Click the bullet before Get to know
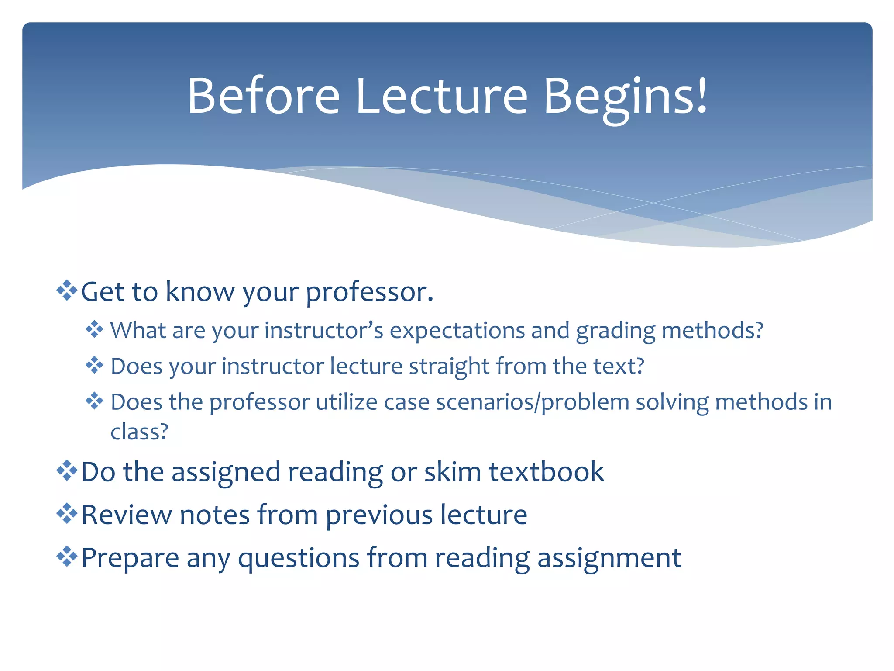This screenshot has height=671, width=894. [x=67, y=291]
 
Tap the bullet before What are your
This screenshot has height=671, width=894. [x=94, y=329]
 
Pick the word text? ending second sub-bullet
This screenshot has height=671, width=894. [x=619, y=366]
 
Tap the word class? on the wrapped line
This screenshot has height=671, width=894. [x=139, y=432]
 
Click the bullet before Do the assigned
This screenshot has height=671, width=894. [x=67, y=471]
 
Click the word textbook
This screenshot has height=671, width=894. [x=546, y=472]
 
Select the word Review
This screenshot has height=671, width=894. [x=127, y=515]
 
